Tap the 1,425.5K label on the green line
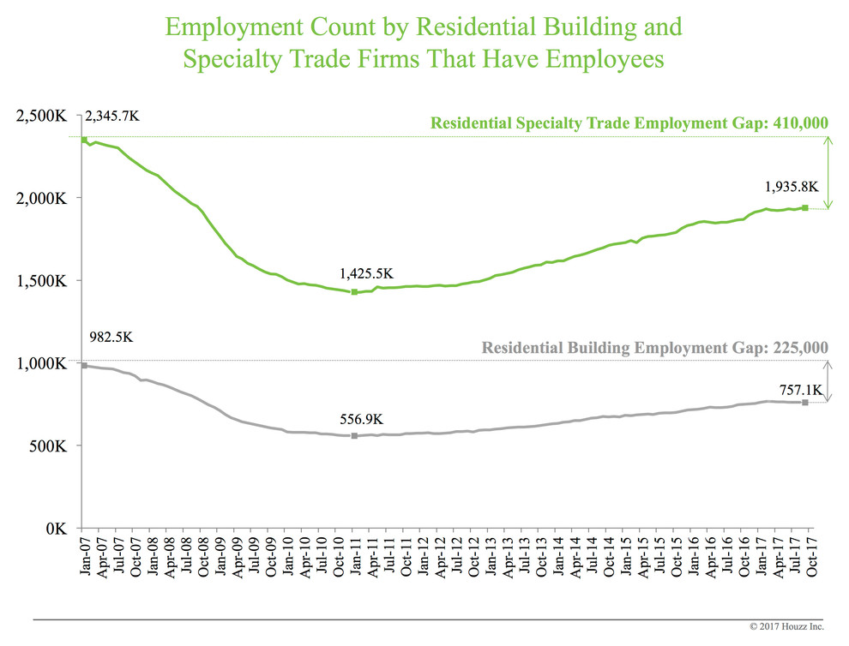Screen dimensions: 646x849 pos(367,274)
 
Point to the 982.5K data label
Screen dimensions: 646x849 pos(111,338)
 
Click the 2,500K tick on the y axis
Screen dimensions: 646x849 pos(40,116)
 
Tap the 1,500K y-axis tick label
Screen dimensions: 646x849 pos(40,281)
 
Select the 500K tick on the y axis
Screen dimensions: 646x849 pos(45,446)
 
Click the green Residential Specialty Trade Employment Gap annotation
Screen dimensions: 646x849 pos(629,123)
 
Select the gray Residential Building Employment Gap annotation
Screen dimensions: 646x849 pos(655,348)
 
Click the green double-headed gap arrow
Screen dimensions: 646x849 pos(828,172)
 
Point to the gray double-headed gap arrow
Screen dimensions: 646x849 pos(828,380)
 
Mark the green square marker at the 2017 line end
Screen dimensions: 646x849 pos(805,207)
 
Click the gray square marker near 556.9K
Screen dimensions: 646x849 pos(354,436)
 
